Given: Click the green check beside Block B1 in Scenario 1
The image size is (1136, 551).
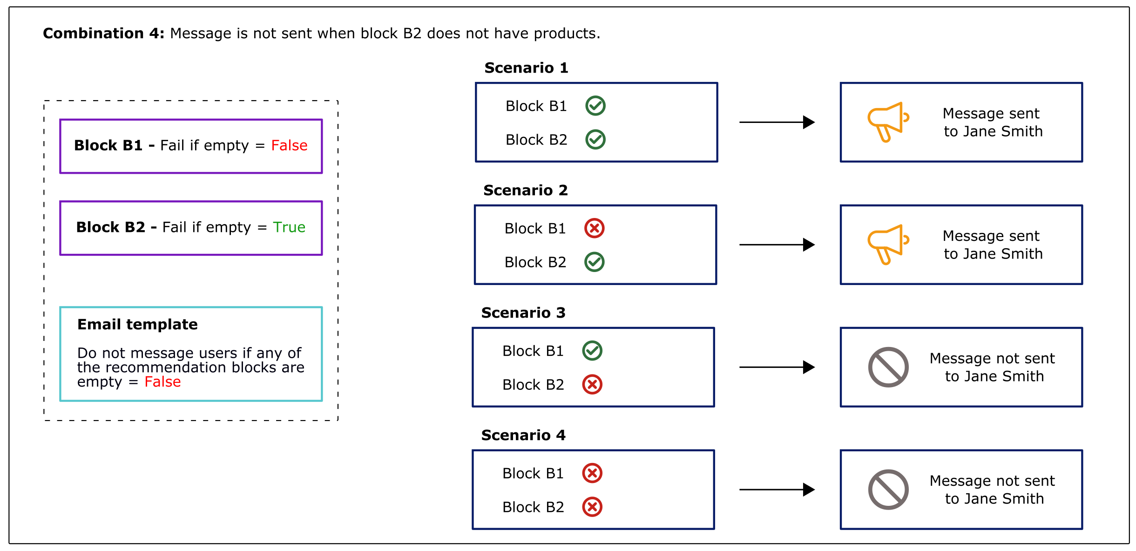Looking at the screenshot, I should tap(595, 106).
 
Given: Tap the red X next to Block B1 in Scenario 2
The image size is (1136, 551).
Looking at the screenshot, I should tap(594, 228).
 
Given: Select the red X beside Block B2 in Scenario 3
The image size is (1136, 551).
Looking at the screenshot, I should tap(592, 385).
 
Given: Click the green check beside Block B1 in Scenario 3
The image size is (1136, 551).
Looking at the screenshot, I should tap(592, 351).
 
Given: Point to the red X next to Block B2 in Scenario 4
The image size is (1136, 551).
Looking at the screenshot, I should tap(592, 507).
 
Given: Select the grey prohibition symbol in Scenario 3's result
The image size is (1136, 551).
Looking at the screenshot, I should tap(888, 367).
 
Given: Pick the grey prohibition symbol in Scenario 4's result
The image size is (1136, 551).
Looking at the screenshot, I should tap(888, 490).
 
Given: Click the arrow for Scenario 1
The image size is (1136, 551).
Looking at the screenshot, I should tap(777, 122).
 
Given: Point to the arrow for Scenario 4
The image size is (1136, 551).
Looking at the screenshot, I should tap(777, 490).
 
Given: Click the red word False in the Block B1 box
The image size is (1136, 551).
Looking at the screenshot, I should tap(289, 145).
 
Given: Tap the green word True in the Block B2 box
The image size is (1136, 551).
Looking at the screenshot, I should tap(289, 227).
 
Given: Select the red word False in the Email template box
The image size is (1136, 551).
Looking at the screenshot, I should tap(162, 382).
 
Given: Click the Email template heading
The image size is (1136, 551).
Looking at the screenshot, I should tap(137, 324).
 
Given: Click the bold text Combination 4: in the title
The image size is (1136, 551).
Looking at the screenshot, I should tap(103, 34).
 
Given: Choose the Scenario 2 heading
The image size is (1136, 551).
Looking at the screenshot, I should tap(525, 190).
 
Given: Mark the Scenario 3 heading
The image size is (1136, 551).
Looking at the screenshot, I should tap(523, 313).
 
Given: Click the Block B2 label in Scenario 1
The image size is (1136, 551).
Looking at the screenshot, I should tap(536, 140).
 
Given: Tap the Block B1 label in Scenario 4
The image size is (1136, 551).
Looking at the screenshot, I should tap(533, 473).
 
